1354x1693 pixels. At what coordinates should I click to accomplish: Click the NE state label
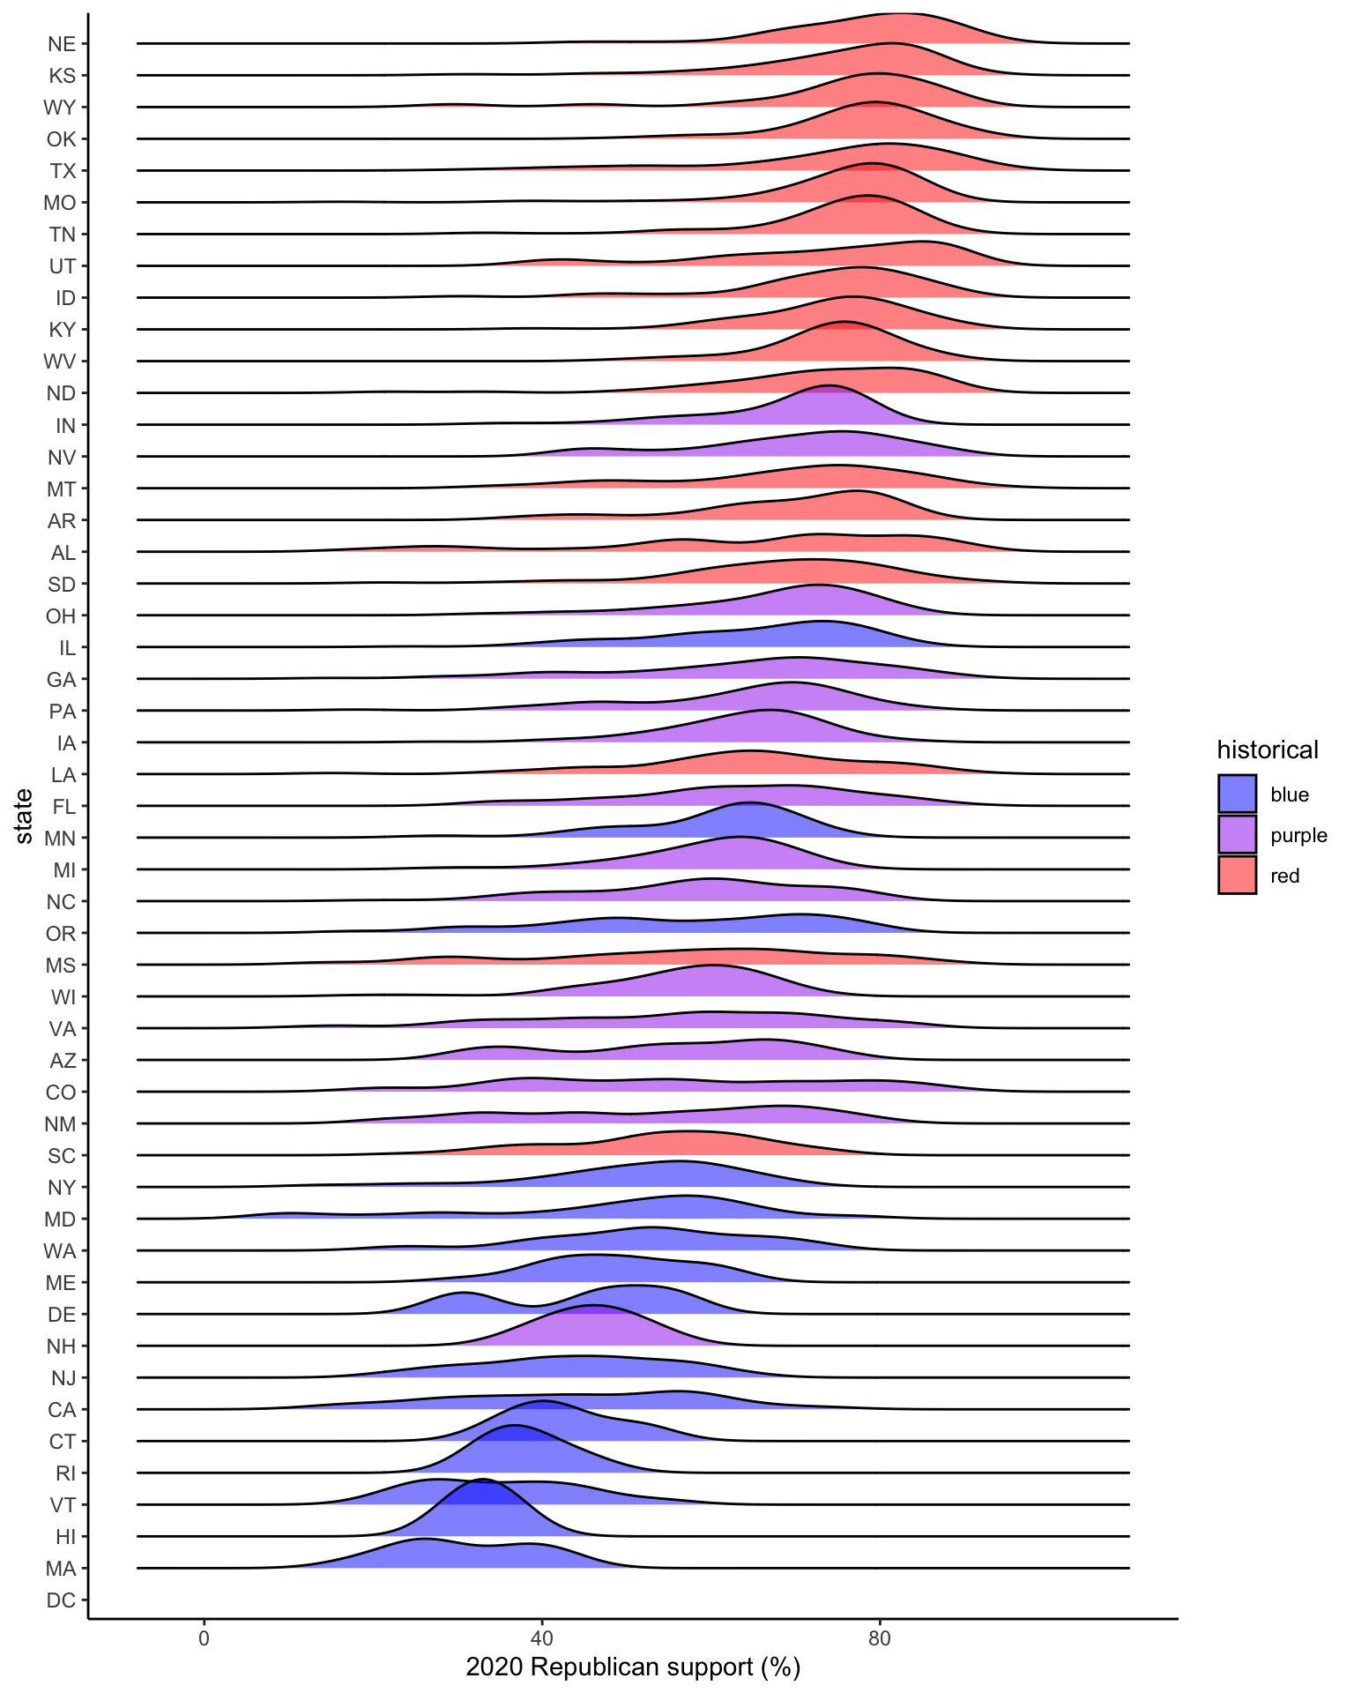[x=62, y=44]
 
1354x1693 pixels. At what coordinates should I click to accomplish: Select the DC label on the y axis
[x=62, y=1600]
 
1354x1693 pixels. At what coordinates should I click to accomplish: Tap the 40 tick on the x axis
[x=541, y=1637]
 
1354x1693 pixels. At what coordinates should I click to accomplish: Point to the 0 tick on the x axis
[x=204, y=1637]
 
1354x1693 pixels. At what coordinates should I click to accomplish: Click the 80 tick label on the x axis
[x=879, y=1637]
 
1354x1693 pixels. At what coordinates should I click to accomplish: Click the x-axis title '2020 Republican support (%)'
[x=633, y=1667]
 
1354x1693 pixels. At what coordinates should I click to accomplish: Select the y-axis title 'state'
[x=24, y=816]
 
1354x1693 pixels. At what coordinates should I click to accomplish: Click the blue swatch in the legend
[x=1237, y=794]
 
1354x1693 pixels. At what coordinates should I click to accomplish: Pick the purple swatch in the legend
[x=1237, y=834]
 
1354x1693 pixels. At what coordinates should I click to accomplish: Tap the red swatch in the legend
[x=1237, y=875]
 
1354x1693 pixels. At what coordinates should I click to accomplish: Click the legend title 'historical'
[x=1268, y=750]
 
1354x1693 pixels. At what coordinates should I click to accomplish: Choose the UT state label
[x=62, y=266]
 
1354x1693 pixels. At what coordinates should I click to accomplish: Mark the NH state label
[x=62, y=1346]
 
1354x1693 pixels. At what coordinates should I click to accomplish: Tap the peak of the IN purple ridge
[x=829, y=386]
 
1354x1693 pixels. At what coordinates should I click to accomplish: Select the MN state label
[x=60, y=839]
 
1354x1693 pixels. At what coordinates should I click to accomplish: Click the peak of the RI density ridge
[x=514, y=1426]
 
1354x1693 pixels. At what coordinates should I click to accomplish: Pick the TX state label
[x=63, y=171]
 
